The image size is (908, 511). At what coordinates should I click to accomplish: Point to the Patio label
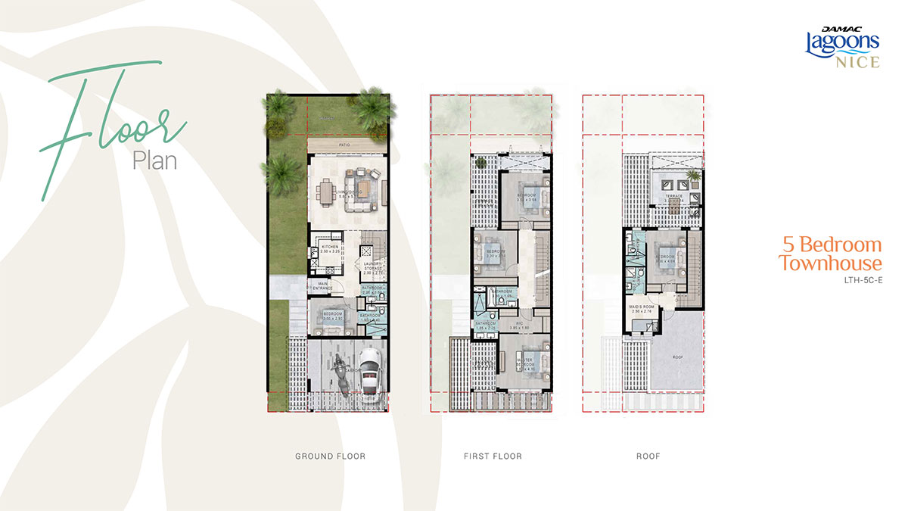click(x=347, y=143)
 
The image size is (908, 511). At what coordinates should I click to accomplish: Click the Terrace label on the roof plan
click(x=673, y=196)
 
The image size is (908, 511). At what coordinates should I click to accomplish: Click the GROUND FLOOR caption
click(x=330, y=456)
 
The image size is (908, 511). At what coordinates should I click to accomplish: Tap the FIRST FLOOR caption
click(x=493, y=456)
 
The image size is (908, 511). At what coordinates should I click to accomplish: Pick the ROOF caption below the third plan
click(x=648, y=456)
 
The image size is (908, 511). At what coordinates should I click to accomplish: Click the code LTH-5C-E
click(x=863, y=281)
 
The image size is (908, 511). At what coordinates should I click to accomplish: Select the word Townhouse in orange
click(x=830, y=263)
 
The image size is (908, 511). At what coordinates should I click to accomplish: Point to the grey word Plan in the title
click(x=154, y=160)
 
